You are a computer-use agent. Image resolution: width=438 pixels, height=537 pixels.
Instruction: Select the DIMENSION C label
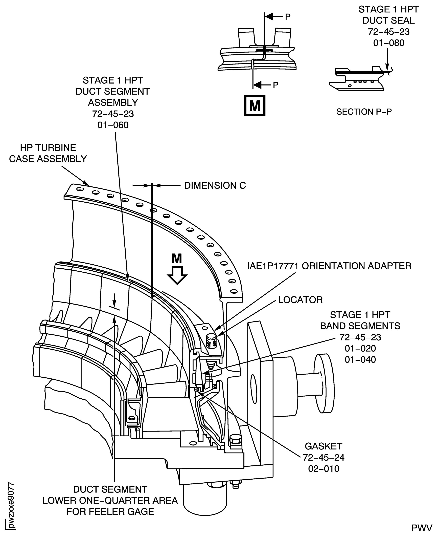[215, 186]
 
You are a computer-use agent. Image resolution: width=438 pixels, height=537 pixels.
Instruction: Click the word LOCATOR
[300, 300]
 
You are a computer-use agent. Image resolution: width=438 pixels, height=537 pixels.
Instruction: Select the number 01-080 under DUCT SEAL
[388, 43]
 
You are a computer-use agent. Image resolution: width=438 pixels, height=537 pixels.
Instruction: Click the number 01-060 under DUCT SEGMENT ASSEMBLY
[113, 125]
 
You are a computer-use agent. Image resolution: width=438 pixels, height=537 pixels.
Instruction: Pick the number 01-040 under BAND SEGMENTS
[360, 359]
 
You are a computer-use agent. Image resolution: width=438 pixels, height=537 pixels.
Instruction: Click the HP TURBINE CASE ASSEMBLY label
[48, 153]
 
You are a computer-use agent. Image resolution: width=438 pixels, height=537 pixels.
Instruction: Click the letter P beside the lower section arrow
[276, 85]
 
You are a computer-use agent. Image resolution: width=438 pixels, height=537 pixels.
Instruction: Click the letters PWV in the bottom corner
[425, 528]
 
